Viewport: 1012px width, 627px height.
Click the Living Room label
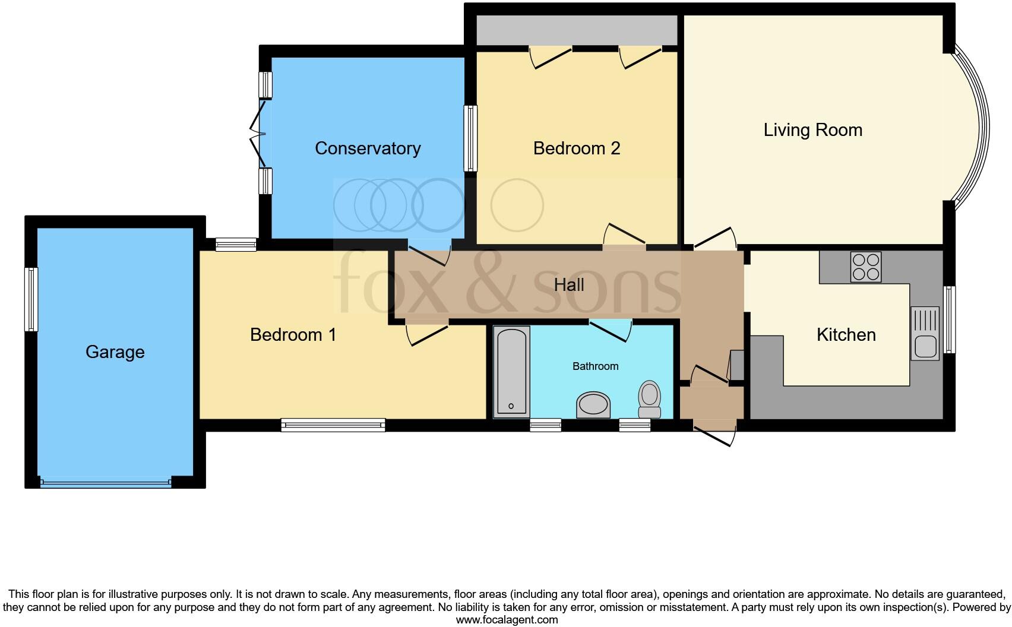pos(812,130)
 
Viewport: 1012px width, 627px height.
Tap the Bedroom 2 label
pos(576,148)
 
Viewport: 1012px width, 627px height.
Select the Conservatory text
pos(368,148)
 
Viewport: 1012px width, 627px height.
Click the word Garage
pos(115,351)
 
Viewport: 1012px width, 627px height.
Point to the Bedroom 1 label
pos(293,334)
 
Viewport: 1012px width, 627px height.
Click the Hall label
pos(568,285)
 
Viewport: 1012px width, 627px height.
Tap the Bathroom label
pos(595,366)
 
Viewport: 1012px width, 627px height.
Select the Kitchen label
pos(846,334)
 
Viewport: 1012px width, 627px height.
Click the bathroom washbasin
pos(593,405)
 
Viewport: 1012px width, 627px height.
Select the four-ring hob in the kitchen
pos(865,267)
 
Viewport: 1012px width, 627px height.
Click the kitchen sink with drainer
pos(925,334)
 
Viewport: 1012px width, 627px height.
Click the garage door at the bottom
pos(106,483)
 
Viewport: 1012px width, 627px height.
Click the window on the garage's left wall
pos(31,299)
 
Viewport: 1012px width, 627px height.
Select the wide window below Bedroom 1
pos(333,425)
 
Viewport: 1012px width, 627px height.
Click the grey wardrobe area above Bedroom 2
pos(577,30)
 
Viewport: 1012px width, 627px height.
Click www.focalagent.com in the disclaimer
pos(507,620)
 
